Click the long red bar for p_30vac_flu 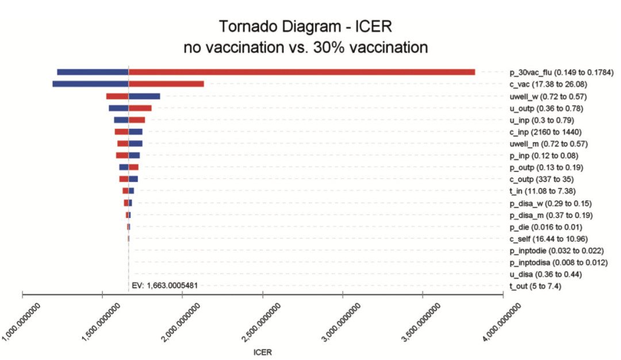point(302,72)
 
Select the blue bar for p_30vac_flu point(93,72)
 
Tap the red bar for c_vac point(166,84)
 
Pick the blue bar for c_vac point(90,84)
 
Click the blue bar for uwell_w point(144,96)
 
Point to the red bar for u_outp point(140,108)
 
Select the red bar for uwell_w point(117,96)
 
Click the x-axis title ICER point(262,351)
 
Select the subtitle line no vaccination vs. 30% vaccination point(305,47)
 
